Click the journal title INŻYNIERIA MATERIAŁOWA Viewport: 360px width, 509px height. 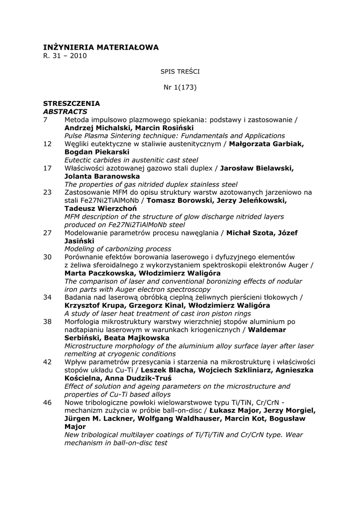click(101, 47)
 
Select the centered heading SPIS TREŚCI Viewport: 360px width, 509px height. click(180, 72)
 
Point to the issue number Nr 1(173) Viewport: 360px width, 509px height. click(180, 87)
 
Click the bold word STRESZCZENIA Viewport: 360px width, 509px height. click(72, 103)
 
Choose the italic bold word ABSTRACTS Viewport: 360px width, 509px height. click(65, 111)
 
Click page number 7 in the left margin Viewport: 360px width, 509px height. click(45, 120)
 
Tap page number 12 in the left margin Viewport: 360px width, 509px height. click(47, 144)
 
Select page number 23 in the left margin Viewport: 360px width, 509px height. click(47, 192)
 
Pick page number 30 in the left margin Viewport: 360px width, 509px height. click(47, 257)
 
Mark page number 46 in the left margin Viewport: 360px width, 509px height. click(47, 403)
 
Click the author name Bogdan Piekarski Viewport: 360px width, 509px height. click(97, 152)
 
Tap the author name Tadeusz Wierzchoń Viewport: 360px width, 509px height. click(101, 208)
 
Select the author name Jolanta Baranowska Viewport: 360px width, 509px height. click(102, 176)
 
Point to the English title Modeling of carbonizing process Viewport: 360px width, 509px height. click(118, 249)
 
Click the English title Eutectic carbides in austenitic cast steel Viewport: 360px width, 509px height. click(131, 160)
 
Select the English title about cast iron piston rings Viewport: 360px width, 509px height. click(157, 314)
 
